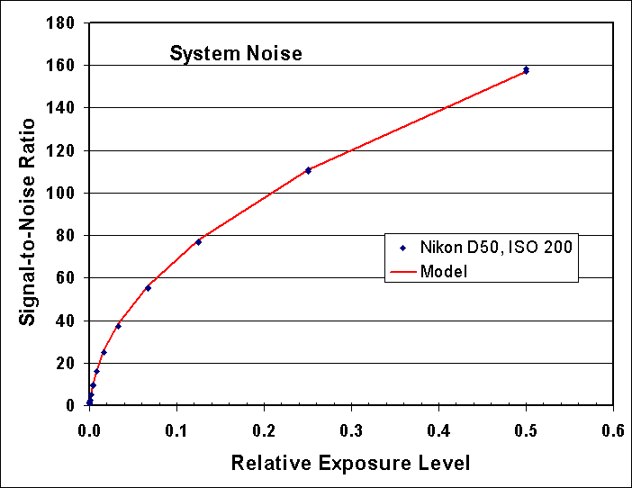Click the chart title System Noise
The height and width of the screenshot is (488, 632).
[x=236, y=54]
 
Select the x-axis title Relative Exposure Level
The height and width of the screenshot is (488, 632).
[x=350, y=464]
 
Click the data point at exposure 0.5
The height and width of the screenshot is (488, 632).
[x=526, y=69]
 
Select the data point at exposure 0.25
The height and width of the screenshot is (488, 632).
[x=308, y=170]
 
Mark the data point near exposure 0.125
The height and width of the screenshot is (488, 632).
[x=198, y=241]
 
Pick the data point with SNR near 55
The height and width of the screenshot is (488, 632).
[x=148, y=288]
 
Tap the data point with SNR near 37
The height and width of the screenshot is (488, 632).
[x=118, y=326]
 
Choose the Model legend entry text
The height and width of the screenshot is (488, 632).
[x=443, y=271]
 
